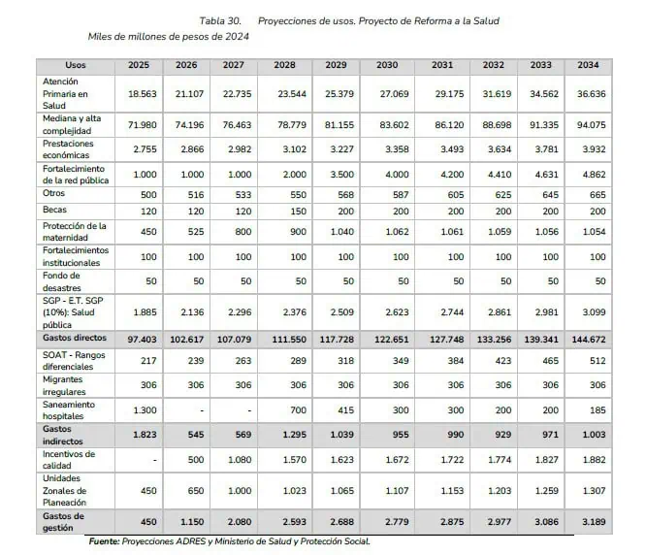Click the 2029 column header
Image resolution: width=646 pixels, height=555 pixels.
[336, 65]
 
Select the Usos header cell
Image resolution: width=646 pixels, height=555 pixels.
[76, 65]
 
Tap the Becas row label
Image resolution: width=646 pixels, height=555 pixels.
[54, 210]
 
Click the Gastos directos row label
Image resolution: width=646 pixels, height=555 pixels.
[75, 338]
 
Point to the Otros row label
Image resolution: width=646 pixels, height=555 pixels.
[53, 193]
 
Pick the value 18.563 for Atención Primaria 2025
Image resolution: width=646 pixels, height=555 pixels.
[143, 94]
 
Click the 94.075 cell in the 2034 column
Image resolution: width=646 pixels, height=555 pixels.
[592, 125]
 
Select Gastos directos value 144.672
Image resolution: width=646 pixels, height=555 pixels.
[589, 340]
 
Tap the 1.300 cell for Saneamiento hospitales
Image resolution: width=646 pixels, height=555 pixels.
[145, 410]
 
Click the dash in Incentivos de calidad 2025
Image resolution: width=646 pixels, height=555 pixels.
[155, 460]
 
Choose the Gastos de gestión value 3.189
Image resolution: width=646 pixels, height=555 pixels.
[594, 522]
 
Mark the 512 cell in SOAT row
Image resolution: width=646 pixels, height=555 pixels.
[598, 361]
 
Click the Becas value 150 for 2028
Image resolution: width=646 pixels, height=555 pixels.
[299, 212]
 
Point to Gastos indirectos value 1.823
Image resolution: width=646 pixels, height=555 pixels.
[145, 435]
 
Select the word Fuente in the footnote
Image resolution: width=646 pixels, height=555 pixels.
[104, 541]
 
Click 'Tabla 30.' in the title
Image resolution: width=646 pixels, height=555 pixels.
[220, 21]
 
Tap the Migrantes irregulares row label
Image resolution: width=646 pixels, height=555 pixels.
[64, 385]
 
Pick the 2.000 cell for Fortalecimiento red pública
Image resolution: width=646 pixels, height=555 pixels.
[295, 175]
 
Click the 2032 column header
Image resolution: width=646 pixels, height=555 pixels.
[493, 65]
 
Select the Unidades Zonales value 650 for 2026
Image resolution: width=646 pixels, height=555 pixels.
[196, 491]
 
